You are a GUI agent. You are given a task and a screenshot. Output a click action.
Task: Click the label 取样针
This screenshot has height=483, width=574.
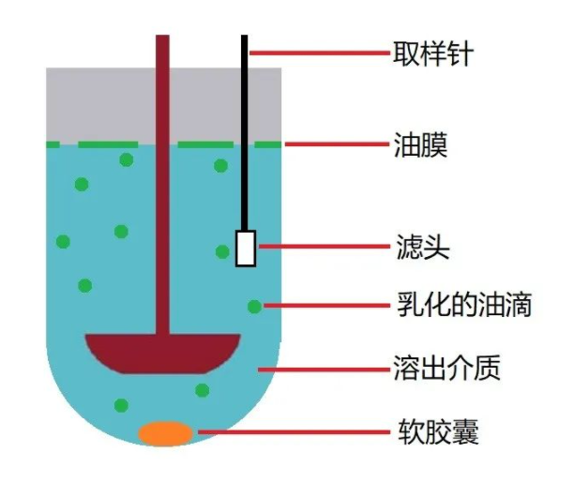coord(431,51)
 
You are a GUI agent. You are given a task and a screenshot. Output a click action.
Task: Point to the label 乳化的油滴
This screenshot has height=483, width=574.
coord(459,306)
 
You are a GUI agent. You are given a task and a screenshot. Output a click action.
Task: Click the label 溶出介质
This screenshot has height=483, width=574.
coord(446,369)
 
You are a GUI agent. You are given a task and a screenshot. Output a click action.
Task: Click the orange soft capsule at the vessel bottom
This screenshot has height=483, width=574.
coord(166,433)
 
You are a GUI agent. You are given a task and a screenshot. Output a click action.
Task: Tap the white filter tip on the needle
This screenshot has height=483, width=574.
coord(246,248)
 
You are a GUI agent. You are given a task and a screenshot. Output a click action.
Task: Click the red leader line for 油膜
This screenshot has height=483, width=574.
coord(333,144)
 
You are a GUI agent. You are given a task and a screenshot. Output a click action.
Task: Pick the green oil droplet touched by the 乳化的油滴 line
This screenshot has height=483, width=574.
coord(254,306)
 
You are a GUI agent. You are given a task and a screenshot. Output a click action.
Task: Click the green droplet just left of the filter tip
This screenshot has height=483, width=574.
coord(222,251)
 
